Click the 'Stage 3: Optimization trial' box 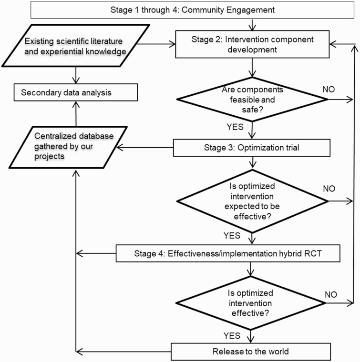251,148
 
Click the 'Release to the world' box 251,352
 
